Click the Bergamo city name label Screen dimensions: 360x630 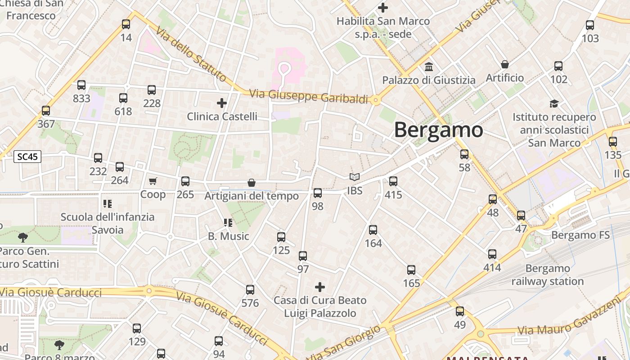(x=438, y=130)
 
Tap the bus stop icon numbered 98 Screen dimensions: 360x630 (x=318, y=193)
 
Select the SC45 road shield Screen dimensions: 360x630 (x=28, y=157)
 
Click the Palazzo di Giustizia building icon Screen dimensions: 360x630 (x=429, y=67)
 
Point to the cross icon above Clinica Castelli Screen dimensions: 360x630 (x=222, y=103)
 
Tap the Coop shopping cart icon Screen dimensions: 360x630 (x=153, y=181)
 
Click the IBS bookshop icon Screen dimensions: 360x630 (x=355, y=177)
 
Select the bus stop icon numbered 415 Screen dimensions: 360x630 (x=393, y=181)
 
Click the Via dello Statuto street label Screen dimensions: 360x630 (x=191, y=54)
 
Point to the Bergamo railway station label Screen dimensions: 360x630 (x=547, y=275)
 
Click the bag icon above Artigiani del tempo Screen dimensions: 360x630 (x=252, y=183)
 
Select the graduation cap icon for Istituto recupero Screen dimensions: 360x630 (x=554, y=103)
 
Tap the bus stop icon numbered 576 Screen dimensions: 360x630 (x=250, y=290)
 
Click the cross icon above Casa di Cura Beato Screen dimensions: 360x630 (x=320, y=287)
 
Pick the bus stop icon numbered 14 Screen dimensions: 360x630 (x=126, y=24)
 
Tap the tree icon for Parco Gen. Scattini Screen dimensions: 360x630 (x=22, y=237)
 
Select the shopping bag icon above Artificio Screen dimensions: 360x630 (x=505, y=64)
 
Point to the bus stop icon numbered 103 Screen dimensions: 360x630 (x=590, y=25)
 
